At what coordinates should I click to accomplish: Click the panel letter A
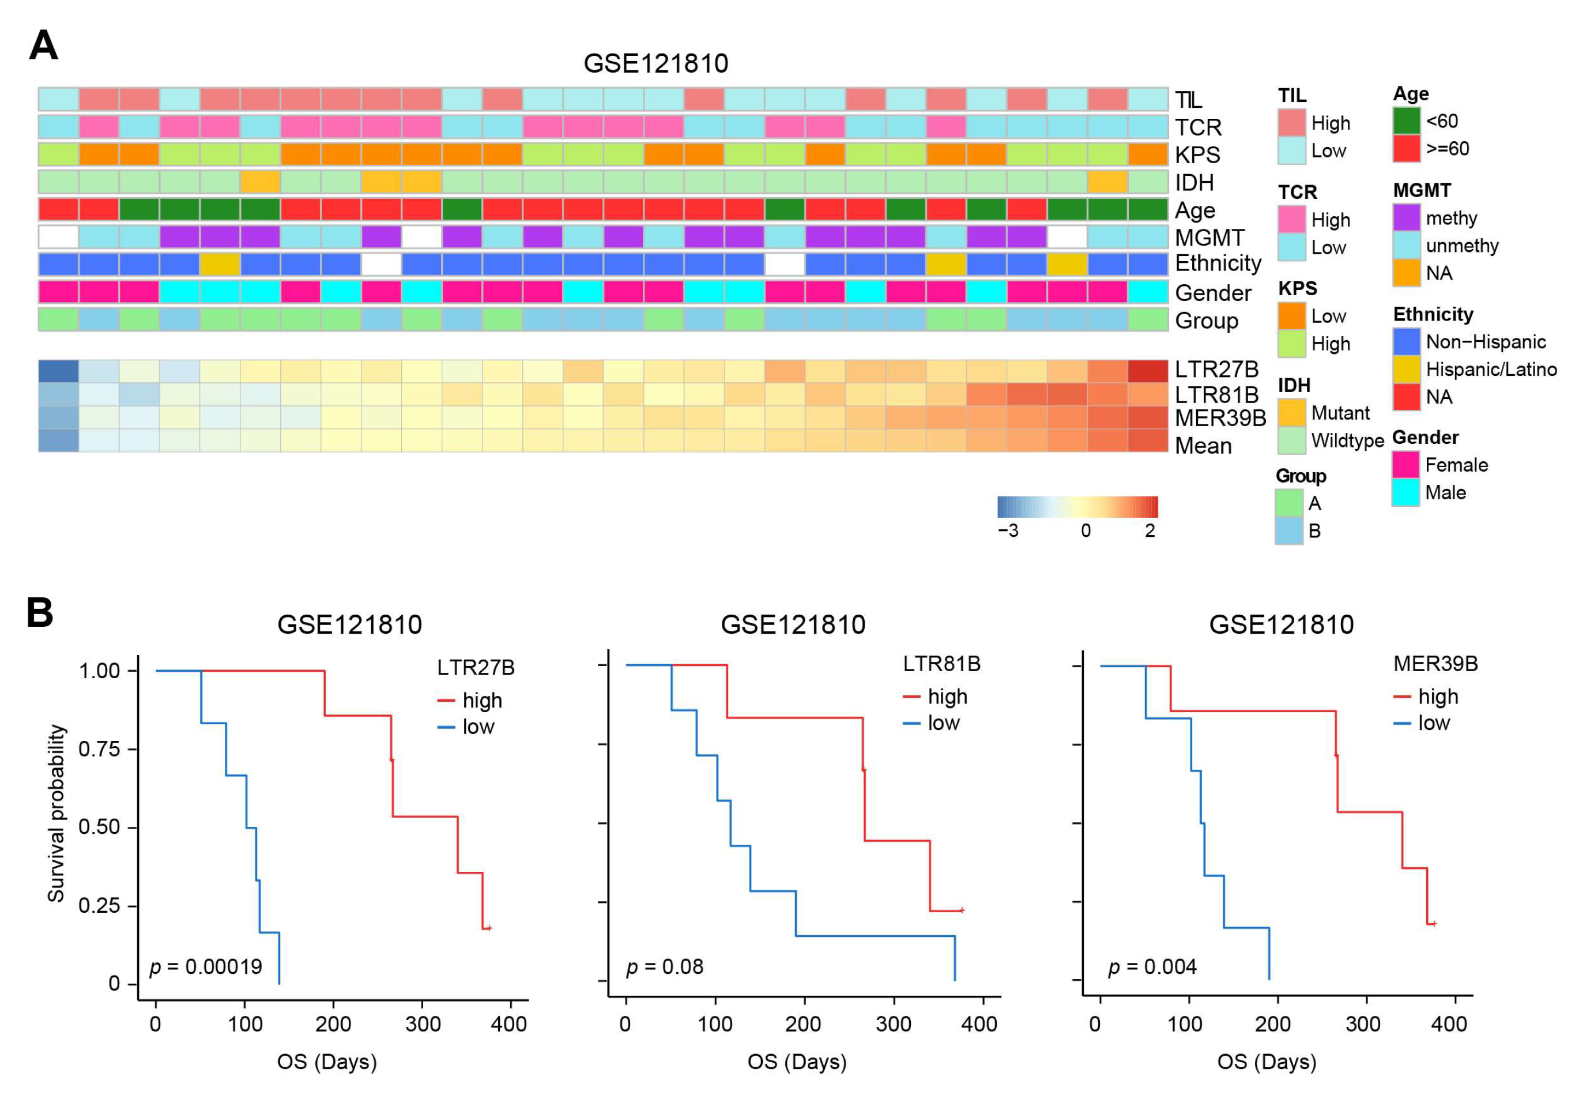43,46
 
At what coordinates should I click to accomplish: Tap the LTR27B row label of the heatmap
1216,370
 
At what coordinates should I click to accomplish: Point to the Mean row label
1203,446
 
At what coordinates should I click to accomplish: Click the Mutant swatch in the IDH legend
1291,413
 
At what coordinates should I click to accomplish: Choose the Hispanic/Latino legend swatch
1407,370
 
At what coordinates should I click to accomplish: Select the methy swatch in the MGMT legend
1407,218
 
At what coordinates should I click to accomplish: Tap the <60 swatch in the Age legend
1407,121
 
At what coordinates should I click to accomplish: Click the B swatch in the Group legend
1289,531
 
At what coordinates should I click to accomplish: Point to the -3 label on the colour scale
1008,530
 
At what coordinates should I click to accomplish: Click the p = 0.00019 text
206,967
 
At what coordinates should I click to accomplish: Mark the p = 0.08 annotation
664,967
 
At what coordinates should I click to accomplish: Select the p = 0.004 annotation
1152,967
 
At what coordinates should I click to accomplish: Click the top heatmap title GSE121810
655,63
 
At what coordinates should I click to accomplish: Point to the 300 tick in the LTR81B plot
894,1024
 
